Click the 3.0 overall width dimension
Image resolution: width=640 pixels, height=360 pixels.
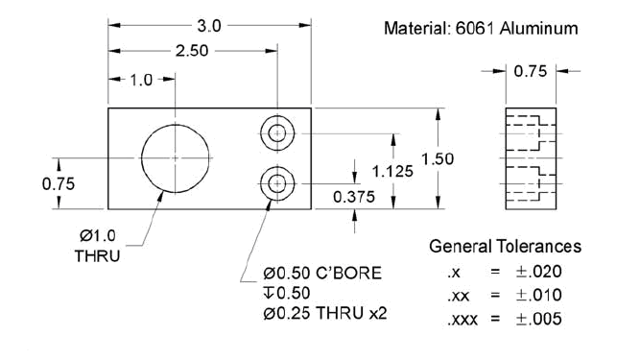click(209, 26)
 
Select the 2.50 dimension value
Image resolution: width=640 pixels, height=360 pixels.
click(192, 51)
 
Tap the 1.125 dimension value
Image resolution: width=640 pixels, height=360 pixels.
click(392, 172)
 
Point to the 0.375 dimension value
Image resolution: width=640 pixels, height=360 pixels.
click(354, 197)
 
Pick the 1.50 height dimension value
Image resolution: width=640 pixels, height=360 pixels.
click(438, 158)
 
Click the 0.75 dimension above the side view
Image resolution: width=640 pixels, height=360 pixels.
click(531, 71)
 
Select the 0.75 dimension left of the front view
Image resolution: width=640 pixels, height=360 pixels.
click(59, 184)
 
